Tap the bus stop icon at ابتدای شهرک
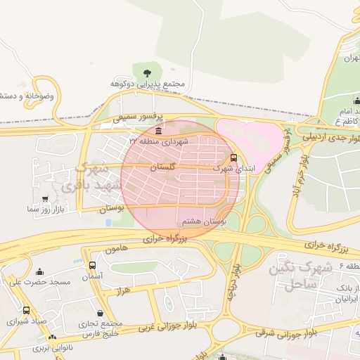233,157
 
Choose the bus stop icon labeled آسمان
92,265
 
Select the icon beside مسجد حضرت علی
39,271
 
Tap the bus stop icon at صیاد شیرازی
26,310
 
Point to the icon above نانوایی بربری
53,338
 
